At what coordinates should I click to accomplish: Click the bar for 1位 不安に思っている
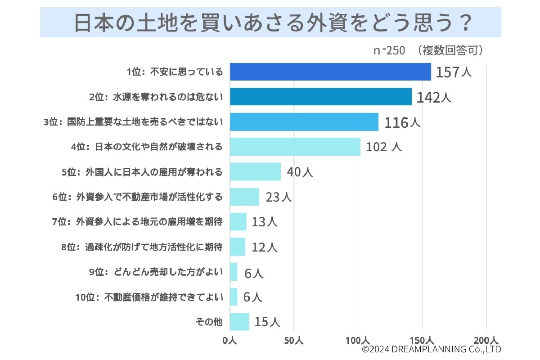pos(330,72)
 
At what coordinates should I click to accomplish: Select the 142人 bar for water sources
pos(321,97)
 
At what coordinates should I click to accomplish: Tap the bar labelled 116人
pos(304,122)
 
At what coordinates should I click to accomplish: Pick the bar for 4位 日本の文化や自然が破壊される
pos(295,147)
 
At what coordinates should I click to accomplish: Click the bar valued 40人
pos(255,171)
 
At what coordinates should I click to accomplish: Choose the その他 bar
pos(239,322)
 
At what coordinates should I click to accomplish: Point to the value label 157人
pos(453,72)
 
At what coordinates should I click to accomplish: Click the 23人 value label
pos(279,197)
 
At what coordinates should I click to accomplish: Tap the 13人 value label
pos(265,222)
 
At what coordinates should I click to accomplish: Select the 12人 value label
pos(265,247)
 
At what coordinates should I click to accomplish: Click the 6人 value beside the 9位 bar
pos(253,272)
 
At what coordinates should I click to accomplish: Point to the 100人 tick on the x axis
pos(358,341)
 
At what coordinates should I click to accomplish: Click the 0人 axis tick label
pos(230,341)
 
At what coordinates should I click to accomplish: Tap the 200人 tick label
pos(486,341)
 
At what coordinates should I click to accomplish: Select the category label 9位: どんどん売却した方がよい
pos(156,272)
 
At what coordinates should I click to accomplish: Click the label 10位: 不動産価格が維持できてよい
pos(149,297)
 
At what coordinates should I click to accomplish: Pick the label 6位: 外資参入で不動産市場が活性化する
pos(137,197)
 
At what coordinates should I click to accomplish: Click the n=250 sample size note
pos(389,50)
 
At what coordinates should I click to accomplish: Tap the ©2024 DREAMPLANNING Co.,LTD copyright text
pos(432,349)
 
